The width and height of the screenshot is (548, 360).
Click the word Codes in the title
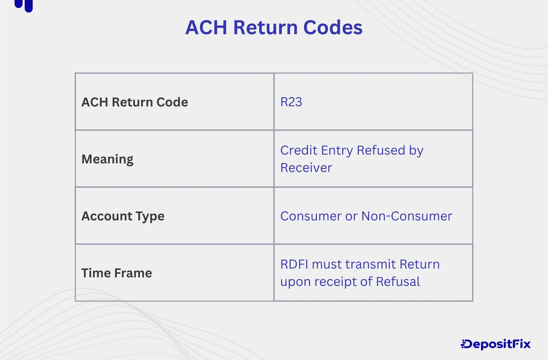pos(333,27)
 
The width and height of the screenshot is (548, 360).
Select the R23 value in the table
pos(291,102)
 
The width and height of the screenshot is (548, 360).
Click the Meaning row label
pos(107,159)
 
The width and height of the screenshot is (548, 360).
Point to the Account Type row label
pos(123,216)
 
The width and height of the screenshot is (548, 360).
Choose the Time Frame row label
pos(116,273)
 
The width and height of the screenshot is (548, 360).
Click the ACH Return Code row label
pos(135,102)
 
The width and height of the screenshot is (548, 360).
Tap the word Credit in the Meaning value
pos(298,150)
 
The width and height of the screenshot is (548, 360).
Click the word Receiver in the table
pos(306,168)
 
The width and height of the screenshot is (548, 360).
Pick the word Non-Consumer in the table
pos(407,216)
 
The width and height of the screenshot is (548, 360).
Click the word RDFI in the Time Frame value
pos(294,264)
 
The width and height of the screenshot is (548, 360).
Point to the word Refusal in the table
pos(398,282)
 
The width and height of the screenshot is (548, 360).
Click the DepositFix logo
pos(496,344)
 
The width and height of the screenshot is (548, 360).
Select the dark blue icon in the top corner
pos(24,5)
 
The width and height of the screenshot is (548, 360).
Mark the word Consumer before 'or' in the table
pos(311,216)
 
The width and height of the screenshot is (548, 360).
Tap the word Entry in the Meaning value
pos(337,150)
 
